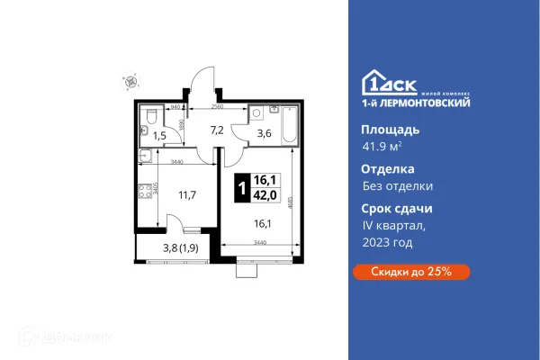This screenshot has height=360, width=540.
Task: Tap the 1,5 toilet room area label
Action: pos(158,136)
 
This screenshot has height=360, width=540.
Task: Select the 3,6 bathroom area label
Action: pos(265,136)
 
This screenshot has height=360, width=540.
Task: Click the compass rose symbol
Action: pos(132,80)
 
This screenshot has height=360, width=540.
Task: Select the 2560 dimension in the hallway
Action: pos(217,107)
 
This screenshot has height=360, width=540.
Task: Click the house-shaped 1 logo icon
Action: pos(373,83)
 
